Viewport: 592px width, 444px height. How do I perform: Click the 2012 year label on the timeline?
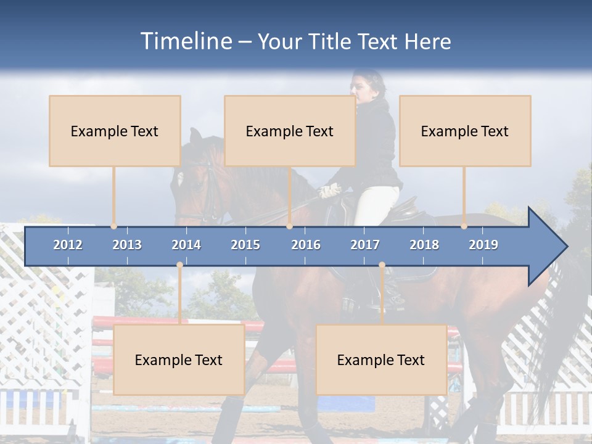tap(68, 245)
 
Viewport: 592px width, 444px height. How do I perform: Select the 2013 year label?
tap(127, 245)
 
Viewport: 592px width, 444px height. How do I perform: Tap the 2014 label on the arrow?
tap(186, 245)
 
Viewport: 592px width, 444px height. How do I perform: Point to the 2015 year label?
tap(245, 245)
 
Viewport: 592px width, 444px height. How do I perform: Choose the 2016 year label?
tap(306, 245)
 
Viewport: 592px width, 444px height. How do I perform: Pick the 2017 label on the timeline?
tap(365, 245)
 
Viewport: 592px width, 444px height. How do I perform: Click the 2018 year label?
tap(424, 245)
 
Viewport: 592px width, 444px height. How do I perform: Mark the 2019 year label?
tap(483, 245)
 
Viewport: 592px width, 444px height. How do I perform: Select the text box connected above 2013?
tap(115, 131)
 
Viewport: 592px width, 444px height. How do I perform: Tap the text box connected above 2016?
tap(290, 131)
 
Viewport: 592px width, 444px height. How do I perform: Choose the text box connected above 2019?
tap(465, 131)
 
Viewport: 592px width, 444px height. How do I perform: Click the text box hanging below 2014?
tap(179, 360)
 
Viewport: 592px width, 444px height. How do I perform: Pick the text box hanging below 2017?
tap(381, 360)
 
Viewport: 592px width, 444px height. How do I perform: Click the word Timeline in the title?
tap(185, 41)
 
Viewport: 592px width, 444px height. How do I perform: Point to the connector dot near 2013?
tap(113, 226)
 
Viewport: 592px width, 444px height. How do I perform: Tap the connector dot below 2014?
tap(179, 265)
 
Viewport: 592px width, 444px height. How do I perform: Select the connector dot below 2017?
tap(382, 265)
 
